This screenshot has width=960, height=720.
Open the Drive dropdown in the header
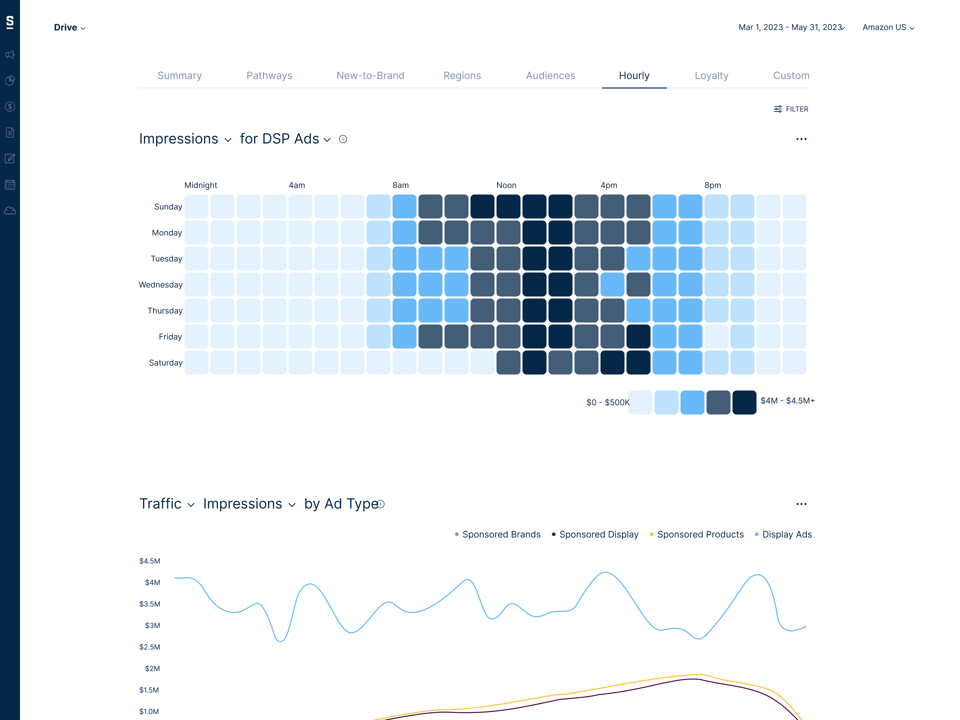[69, 27]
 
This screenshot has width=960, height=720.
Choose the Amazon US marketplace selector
[888, 27]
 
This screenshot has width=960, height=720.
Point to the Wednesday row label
[160, 285]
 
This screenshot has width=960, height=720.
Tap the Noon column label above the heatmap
[506, 185]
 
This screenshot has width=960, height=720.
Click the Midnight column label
[200, 185]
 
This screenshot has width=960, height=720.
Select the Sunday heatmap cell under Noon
[508, 206]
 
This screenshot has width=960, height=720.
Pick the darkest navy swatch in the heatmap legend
[744, 402]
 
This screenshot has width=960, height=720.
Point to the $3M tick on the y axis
[152, 625]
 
